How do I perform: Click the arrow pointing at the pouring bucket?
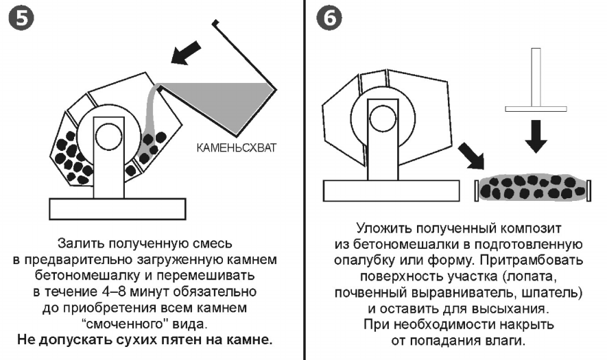pos(189,53)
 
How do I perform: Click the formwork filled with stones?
pos(532,187)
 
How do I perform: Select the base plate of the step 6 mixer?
pos(390,189)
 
